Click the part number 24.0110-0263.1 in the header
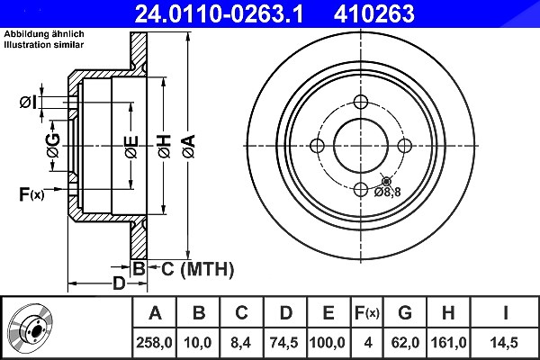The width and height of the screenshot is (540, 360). pos(219,13)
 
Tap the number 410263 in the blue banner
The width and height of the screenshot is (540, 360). pos(374,13)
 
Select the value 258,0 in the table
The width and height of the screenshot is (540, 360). pos(154,342)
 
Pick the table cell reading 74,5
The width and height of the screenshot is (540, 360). pos(284,342)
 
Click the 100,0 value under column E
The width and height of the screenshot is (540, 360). pos(328,342)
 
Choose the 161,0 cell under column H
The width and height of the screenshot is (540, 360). pos(448,342)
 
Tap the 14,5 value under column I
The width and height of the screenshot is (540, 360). pos(505,342)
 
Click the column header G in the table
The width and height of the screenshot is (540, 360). pos(405,313)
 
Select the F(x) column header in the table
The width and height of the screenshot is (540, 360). pos(367,313)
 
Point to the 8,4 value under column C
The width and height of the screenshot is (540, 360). pos(241,342)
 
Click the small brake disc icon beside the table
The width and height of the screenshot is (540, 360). pos(31,328)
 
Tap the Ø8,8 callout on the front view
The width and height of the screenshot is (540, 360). pos(388,193)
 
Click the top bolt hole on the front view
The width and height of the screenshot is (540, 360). pos(361,103)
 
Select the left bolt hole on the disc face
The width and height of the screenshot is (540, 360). pos(318,146)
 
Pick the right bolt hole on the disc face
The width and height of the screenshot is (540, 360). pos(404,146)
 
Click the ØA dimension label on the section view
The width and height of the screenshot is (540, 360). pos(189,147)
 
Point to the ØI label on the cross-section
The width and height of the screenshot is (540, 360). pos(28,103)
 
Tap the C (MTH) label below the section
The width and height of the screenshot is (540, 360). pos(197,269)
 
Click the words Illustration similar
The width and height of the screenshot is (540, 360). pos(44,44)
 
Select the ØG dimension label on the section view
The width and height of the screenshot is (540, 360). pos(53,145)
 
